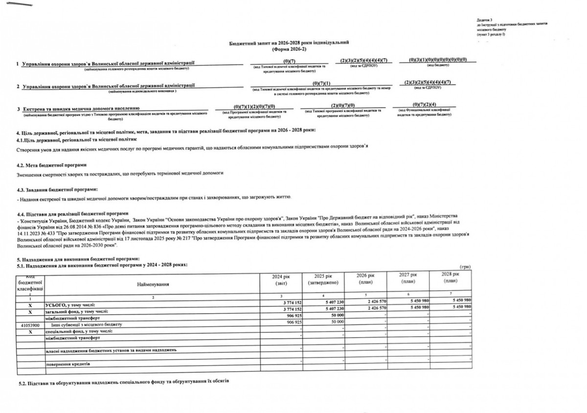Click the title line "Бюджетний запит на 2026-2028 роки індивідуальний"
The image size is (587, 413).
(x=289, y=44)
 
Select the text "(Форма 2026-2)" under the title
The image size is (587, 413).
(x=289, y=49)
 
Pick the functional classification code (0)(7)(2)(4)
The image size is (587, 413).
(x=424, y=104)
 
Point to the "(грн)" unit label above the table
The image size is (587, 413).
(x=466, y=266)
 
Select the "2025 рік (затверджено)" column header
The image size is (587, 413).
(x=324, y=280)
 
